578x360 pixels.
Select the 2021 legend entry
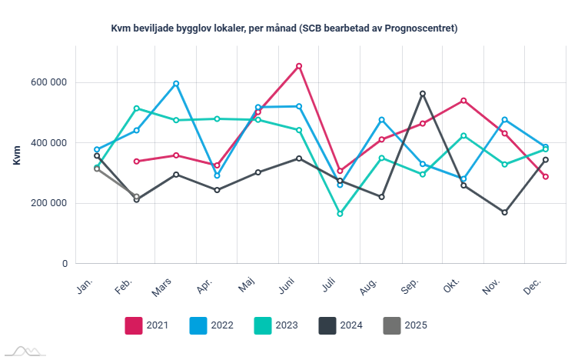point(146,325)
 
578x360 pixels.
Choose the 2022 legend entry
point(211,325)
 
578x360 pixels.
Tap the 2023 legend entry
point(275,325)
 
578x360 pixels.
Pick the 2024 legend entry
point(340,325)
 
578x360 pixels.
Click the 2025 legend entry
point(404,325)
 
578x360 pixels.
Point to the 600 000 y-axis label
point(48,82)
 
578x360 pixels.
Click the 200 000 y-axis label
point(48,203)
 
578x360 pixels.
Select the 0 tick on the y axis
point(65,264)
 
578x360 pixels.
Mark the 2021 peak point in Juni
point(299,66)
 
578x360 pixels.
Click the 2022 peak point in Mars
point(176,83)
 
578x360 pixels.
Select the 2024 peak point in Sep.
point(422,94)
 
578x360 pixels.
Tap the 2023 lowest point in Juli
point(340,214)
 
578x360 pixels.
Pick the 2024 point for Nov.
point(504,212)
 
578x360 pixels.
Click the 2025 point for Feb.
point(136,197)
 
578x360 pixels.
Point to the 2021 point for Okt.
point(463,101)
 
